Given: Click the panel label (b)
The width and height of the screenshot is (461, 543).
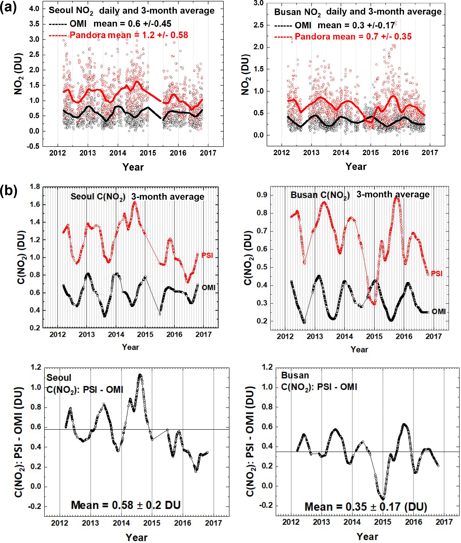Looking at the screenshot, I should point(8,191).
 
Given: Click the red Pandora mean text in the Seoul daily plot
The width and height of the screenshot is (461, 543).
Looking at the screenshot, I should point(129,35).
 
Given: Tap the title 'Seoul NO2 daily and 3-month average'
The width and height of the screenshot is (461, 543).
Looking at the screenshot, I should point(131,10).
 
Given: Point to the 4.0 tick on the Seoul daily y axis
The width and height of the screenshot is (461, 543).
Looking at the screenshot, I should point(34,9).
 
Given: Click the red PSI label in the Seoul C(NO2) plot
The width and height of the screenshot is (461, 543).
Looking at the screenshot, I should point(207,255).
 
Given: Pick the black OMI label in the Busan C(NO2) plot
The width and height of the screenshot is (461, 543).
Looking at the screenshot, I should point(438,312).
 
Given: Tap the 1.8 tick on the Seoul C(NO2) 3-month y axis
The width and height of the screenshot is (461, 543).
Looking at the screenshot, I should point(35,187).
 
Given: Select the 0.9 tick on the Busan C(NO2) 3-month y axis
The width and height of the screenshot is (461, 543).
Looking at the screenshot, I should point(262,195).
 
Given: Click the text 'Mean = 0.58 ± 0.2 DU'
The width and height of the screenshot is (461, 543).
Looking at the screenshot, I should point(126,505).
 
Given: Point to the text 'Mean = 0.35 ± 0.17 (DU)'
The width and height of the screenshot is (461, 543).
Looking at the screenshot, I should point(366,507).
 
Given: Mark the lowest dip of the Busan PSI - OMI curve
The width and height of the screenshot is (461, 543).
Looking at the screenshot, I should point(383,499).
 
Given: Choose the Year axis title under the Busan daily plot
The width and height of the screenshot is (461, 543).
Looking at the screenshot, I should point(356,166).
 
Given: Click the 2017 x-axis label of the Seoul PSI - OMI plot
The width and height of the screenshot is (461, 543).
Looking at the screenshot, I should point(213,523).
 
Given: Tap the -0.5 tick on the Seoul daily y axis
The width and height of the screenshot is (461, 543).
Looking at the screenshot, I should point(33,146).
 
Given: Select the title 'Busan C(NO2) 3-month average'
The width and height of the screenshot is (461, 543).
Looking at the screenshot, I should point(360,195).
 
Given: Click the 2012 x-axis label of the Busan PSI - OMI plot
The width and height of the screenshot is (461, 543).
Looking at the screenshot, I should point(291,522).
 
